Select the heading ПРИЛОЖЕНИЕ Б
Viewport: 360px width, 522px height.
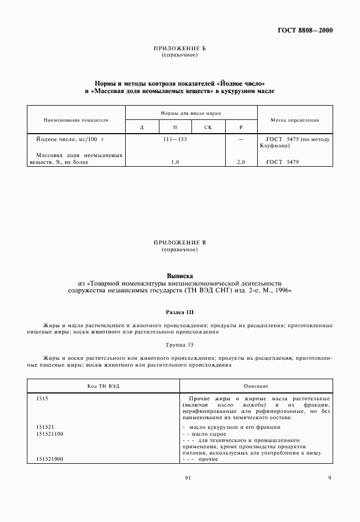pos(180,49)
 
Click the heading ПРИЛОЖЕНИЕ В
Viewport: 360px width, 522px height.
pos(180,243)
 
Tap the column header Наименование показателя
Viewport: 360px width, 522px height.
pos(76,121)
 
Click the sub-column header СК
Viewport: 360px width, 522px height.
pos(207,127)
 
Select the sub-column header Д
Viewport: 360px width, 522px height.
pos(142,127)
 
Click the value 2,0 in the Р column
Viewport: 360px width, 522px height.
pos(241,163)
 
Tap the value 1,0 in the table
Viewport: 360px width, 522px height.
pos(175,163)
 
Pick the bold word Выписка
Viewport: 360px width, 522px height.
pos(180,275)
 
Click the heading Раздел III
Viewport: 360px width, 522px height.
pos(180,312)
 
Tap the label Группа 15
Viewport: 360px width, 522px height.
pos(180,346)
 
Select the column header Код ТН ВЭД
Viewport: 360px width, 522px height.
pos(104,387)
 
